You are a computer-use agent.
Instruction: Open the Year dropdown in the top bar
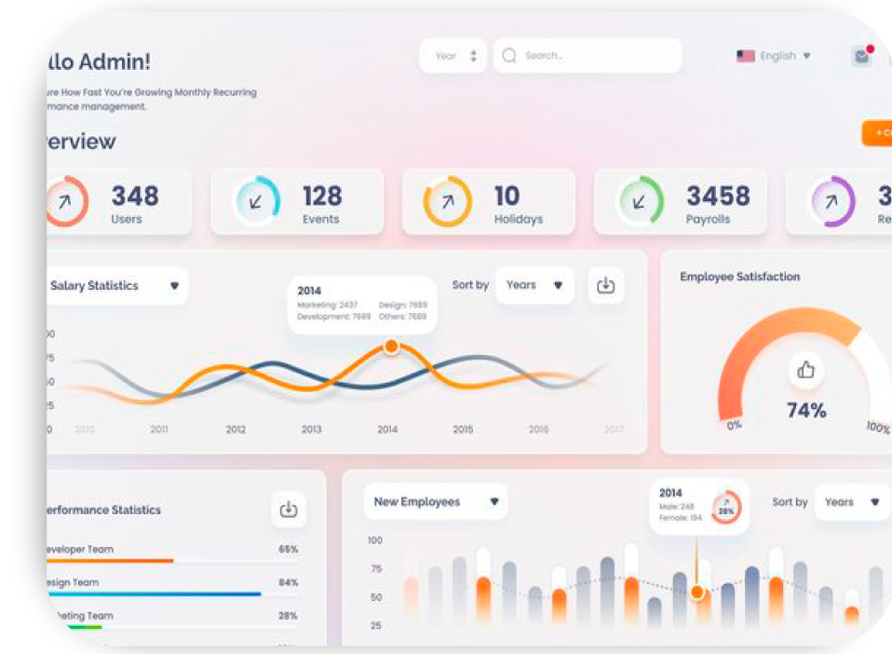[x=454, y=56]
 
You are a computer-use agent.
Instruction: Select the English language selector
[x=774, y=56]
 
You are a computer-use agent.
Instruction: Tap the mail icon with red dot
[x=862, y=56]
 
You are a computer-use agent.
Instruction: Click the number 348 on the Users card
[x=135, y=196]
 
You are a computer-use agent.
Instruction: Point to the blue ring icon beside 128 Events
[x=257, y=201]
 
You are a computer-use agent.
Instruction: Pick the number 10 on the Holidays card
[x=507, y=196]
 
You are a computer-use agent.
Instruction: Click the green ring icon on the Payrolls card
[x=640, y=201]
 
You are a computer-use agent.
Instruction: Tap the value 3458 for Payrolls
[x=718, y=196]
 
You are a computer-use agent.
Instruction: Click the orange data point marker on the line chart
[x=391, y=347]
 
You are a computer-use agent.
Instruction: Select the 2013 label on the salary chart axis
[x=311, y=429]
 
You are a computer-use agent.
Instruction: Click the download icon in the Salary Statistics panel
[x=605, y=285]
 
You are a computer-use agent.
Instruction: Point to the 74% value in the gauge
[x=806, y=410]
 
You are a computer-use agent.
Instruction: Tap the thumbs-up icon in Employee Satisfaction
[x=806, y=370]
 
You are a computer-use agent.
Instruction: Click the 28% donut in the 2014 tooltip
[x=726, y=509]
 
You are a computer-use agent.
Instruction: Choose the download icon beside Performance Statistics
[x=289, y=509]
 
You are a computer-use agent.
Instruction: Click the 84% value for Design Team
[x=289, y=582]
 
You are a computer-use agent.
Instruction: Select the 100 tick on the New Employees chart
[x=375, y=540]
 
